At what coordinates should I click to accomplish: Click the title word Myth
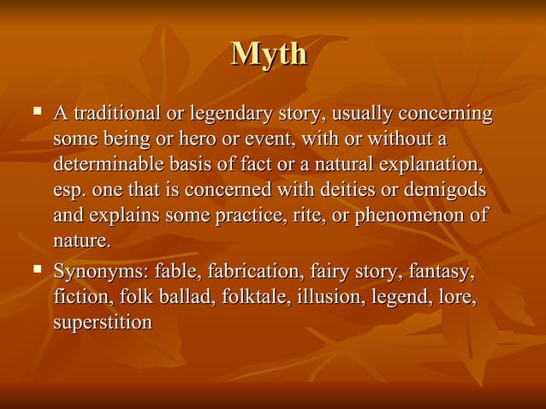click(269, 54)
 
